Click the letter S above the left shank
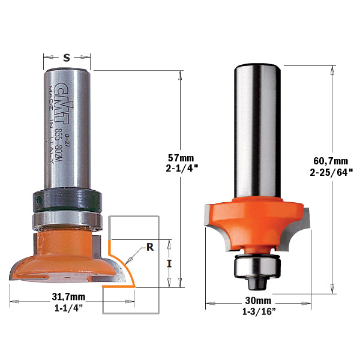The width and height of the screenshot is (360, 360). coord(67,58)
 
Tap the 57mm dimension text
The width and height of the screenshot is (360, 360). coord(181,158)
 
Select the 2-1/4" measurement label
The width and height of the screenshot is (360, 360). coord(182,169)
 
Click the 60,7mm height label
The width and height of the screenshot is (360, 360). coord(331,161)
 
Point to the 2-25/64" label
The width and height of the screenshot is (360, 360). coord(331,172)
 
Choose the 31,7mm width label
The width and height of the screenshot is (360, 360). coord(68,297)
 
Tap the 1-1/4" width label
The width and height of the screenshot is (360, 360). coord(68,308)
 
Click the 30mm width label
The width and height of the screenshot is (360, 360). coord(258,301)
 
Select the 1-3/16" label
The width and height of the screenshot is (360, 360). coord(259,311)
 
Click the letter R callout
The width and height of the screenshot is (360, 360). coord(150,247)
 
